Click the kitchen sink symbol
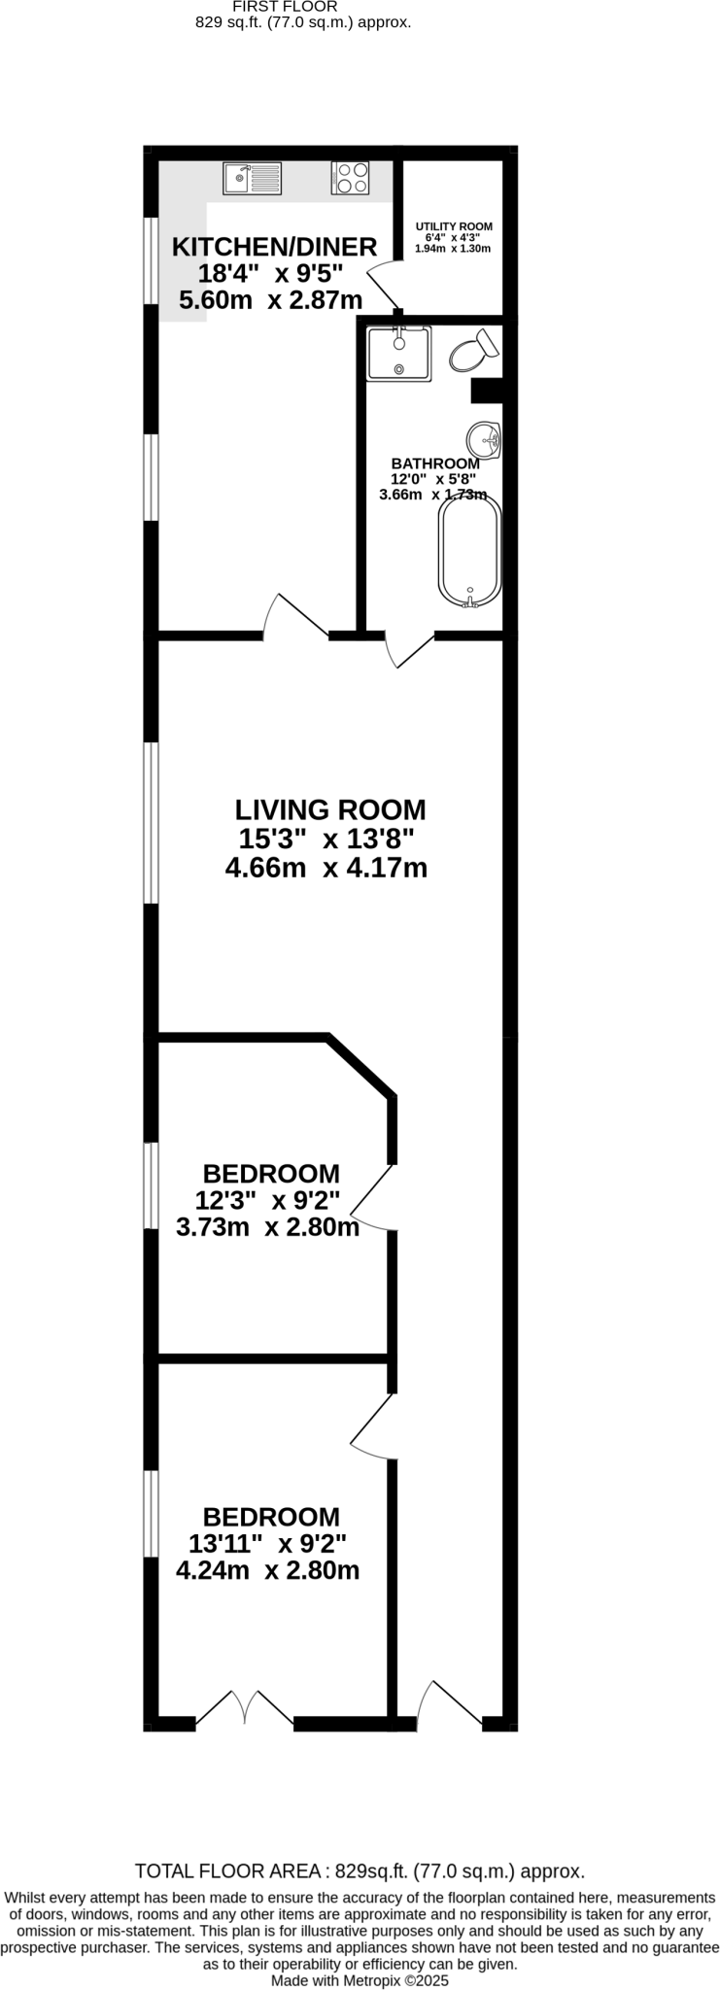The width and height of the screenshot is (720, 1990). tap(253, 179)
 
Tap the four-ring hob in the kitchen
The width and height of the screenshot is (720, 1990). tap(350, 178)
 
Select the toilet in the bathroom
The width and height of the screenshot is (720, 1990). tap(473, 351)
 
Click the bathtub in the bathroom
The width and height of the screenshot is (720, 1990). tap(470, 552)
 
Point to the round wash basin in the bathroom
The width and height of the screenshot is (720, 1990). tap(484, 440)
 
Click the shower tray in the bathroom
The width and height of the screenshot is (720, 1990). tap(398, 354)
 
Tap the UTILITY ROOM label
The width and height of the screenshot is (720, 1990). tap(454, 226)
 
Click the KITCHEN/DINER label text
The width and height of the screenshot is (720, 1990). tap(274, 247)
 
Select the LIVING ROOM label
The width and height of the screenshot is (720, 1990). tap(330, 809)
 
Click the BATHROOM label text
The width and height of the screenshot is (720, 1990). tap(434, 463)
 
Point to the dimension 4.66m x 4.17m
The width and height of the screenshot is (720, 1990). tap(326, 868)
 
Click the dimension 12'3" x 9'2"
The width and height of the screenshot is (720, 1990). tap(268, 1200)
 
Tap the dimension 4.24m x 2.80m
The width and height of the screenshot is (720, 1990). tap(268, 1570)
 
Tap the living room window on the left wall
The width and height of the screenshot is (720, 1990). tap(151, 822)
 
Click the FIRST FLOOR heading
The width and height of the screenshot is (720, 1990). tap(285, 6)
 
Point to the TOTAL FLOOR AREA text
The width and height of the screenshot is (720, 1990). tap(360, 1871)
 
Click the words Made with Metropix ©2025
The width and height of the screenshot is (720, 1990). tap(360, 1979)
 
